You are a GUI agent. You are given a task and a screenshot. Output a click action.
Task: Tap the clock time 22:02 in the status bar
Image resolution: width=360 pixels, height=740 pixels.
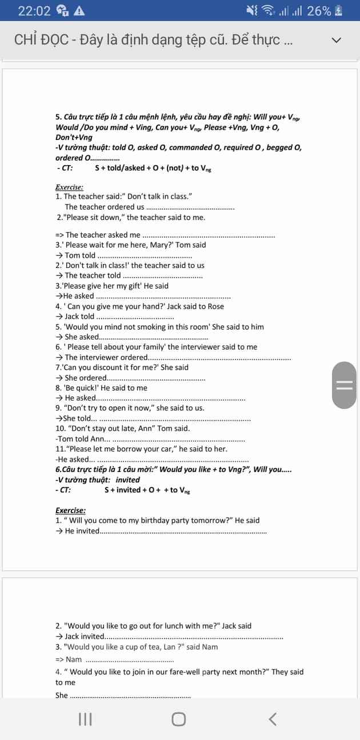[x=34, y=11]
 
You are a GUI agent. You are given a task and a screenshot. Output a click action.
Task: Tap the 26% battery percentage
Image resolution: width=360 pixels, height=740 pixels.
[x=319, y=11]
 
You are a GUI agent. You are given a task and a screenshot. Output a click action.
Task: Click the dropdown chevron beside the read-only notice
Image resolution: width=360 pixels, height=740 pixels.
[x=337, y=40]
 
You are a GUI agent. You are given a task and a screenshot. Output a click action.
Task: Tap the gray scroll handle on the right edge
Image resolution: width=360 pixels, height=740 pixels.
[x=344, y=385]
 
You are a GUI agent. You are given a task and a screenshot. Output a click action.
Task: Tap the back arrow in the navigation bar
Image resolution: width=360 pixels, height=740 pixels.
[x=273, y=719]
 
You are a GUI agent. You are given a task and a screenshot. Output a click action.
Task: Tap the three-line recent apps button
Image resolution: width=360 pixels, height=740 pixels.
[x=85, y=719]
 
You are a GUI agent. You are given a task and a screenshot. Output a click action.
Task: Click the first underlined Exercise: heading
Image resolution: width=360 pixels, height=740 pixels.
[x=69, y=187]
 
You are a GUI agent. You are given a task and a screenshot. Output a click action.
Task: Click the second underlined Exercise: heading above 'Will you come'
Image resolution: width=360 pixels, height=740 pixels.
[x=70, y=510]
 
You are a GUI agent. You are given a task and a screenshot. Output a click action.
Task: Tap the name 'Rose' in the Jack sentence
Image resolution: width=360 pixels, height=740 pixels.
[x=216, y=306]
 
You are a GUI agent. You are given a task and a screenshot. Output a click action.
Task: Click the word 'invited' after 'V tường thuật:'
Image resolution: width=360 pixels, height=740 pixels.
[x=127, y=480]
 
